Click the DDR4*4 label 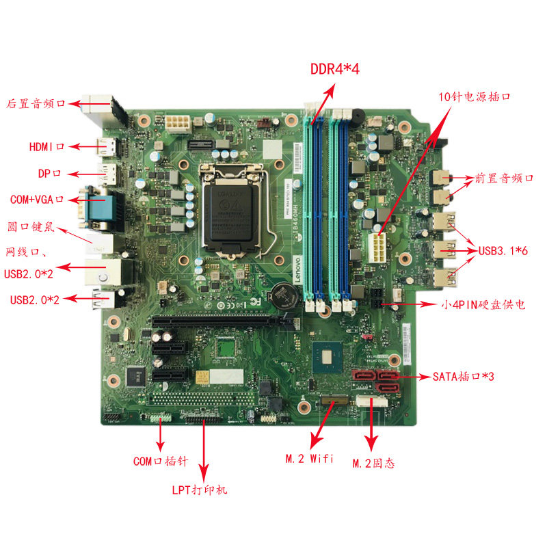334,69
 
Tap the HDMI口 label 46,146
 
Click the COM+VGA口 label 37,200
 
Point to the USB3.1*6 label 503,251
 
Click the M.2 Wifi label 309,458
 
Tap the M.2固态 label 373,464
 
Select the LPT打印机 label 200,490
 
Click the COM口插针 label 161,462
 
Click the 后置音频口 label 36,104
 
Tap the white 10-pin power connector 377,248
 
